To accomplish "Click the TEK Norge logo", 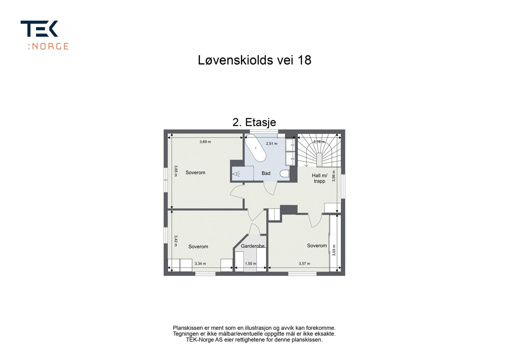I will coord(45,35).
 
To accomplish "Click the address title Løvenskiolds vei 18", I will coord(254,60).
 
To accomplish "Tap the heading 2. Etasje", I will coord(254,122).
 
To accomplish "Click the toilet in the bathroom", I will coord(285,173).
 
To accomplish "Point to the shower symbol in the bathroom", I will coord(237,174).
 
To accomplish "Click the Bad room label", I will coord(266,173).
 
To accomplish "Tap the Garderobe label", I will coord(253,246).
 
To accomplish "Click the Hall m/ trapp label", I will coord(319,178).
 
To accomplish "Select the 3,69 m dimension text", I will coord(205,142).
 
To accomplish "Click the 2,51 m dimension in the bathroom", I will coord(272,144).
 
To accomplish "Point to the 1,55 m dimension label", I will coord(250,264).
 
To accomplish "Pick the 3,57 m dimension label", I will coord(304,264).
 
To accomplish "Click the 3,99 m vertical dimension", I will coord(334,176).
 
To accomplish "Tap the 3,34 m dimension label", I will coord(200,264).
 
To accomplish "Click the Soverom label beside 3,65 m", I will coord(195,173).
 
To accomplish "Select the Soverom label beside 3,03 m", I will coord(317,246).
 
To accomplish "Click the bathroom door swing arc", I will coord(270,188).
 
